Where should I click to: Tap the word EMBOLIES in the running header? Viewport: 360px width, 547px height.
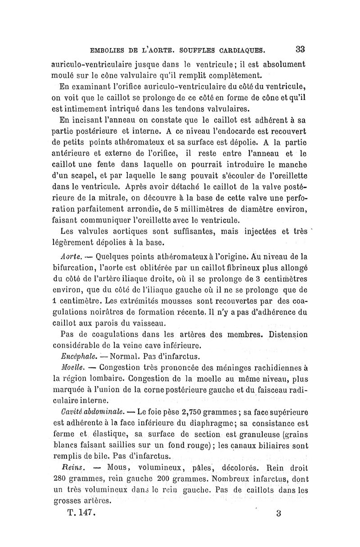click(110, 50)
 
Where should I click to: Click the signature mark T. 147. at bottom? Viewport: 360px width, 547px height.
click(80, 512)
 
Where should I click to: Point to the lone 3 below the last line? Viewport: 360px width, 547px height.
click(279, 513)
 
